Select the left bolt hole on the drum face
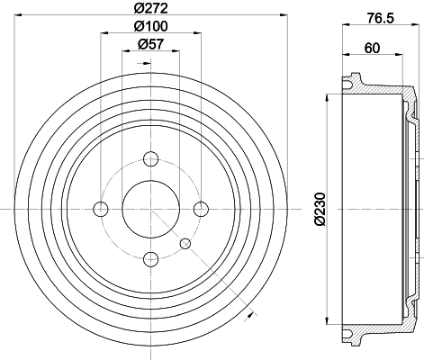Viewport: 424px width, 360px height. (x=100, y=209)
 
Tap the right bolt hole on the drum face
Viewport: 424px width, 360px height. (x=200, y=209)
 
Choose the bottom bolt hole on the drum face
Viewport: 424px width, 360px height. (x=150, y=259)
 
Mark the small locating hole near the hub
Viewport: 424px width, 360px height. (x=185, y=243)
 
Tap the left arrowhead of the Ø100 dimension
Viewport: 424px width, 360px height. (x=103, y=33)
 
